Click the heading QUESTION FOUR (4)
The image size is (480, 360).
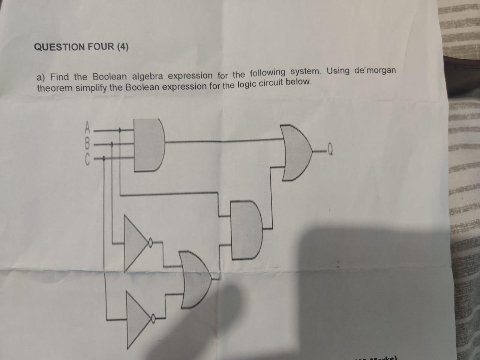pos(81,47)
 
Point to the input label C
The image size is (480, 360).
pos(87,159)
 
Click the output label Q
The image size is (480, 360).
pos(330,151)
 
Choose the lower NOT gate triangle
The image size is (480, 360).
pos(138,319)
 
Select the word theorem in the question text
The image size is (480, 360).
pos(55,88)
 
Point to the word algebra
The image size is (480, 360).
pos(147,76)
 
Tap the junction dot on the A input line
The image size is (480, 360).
pos(120,130)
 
